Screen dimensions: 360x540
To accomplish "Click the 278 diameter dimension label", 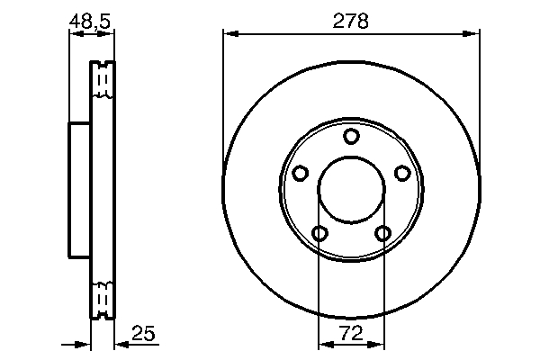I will [352, 21].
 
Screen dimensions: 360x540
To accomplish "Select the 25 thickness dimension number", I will [144, 334].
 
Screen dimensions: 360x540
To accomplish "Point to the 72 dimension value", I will [352, 334].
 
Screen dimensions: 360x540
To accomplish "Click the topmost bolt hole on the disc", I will [351, 136].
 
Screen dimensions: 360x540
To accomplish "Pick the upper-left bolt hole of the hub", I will [301, 173].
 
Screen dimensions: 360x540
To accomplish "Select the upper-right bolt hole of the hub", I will [402, 173].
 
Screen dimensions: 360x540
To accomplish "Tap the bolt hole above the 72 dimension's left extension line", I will [319, 234].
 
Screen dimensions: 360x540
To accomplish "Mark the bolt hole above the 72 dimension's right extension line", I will [383, 234].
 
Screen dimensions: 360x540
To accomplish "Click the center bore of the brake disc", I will [351, 190].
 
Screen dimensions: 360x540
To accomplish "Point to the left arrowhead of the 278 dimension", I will [229, 35].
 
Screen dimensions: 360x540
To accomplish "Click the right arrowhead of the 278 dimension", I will [473, 35].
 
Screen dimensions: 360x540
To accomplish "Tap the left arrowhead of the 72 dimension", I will [325, 344].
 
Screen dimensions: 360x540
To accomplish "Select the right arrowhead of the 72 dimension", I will [379, 344].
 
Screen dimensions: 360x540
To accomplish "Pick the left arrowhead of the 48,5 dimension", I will [75, 35].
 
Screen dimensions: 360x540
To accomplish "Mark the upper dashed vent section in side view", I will [103, 81].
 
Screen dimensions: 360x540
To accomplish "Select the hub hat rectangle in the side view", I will [80, 189].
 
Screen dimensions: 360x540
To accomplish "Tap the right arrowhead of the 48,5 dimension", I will [109, 35].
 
